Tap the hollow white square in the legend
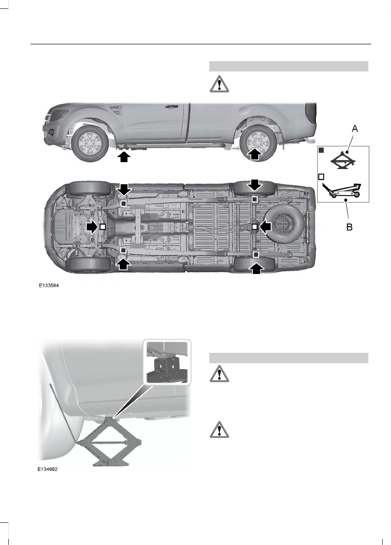click(x=321, y=176)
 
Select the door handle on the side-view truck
click(x=172, y=106)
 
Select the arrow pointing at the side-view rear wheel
click(x=255, y=154)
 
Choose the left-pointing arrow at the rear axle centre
click(x=266, y=226)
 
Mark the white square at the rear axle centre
click(x=255, y=226)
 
